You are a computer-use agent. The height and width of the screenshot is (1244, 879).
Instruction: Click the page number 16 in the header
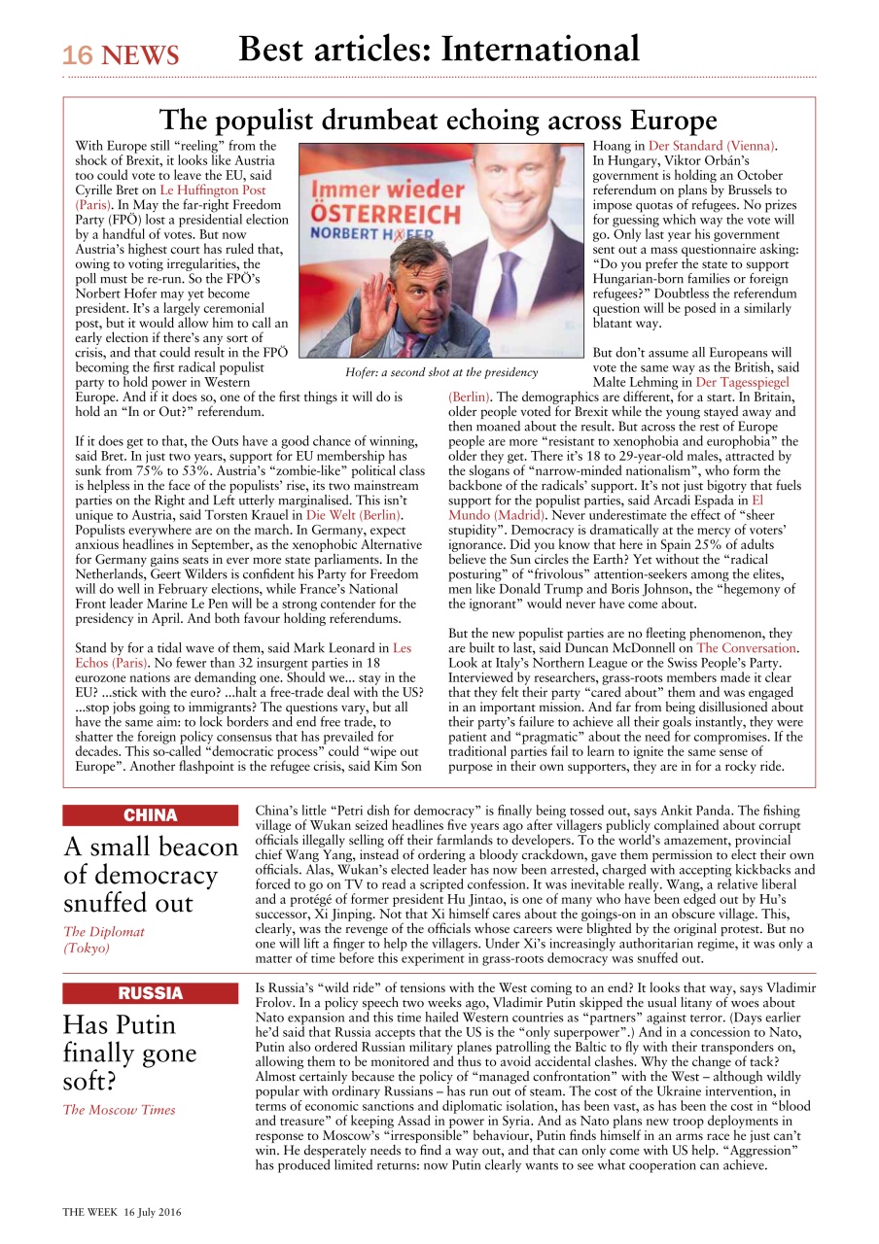click(x=78, y=56)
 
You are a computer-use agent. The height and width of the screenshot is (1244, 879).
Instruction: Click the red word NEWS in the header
click(x=140, y=56)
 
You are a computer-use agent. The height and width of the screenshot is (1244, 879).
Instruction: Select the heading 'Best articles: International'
click(x=439, y=50)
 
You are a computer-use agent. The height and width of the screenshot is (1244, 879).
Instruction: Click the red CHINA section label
click(x=150, y=815)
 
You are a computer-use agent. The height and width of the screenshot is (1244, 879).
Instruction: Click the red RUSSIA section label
click(x=150, y=993)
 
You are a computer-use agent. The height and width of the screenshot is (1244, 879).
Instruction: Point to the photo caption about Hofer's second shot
click(x=440, y=372)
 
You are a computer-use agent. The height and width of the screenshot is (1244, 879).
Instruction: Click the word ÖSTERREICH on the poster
click(x=386, y=215)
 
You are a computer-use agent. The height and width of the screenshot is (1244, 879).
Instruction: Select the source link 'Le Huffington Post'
click(x=212, y=190)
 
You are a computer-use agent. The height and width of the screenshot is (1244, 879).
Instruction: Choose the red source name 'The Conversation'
click(x=746, y=647)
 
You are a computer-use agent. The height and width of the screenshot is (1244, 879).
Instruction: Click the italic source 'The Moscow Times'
click(x=119, y=1110)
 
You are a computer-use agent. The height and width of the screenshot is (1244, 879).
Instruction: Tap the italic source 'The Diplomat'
click(x=104, y=931)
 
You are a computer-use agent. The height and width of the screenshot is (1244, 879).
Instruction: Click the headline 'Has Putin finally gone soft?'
click(x=129, y=1053)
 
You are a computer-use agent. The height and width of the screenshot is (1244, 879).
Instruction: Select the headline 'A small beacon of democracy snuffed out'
click(x=150, y=875)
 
